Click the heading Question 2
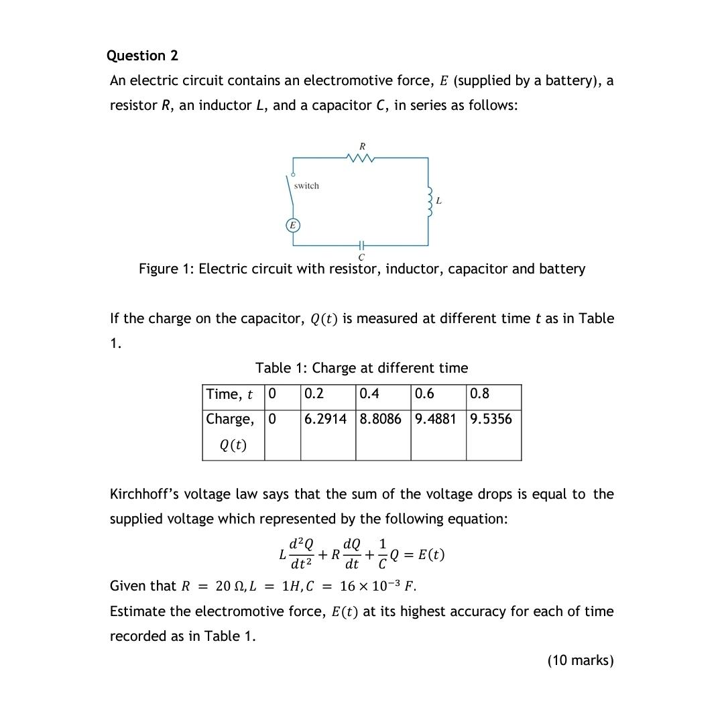pos(142,56)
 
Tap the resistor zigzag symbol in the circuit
pos(361,158)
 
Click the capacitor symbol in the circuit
pos(361,245)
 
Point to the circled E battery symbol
pos(292,226)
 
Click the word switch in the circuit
pos(306,186)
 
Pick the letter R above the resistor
pos(362,145)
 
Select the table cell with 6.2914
pos(326,419)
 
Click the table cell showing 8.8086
pos(381,419)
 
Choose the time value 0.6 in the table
pos(424,394)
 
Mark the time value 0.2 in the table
pos(314,394)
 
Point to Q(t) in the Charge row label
pos(233,444)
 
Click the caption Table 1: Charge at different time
pos(362,368)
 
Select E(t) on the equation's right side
pos(430,555)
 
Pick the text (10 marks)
pos(581,660)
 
